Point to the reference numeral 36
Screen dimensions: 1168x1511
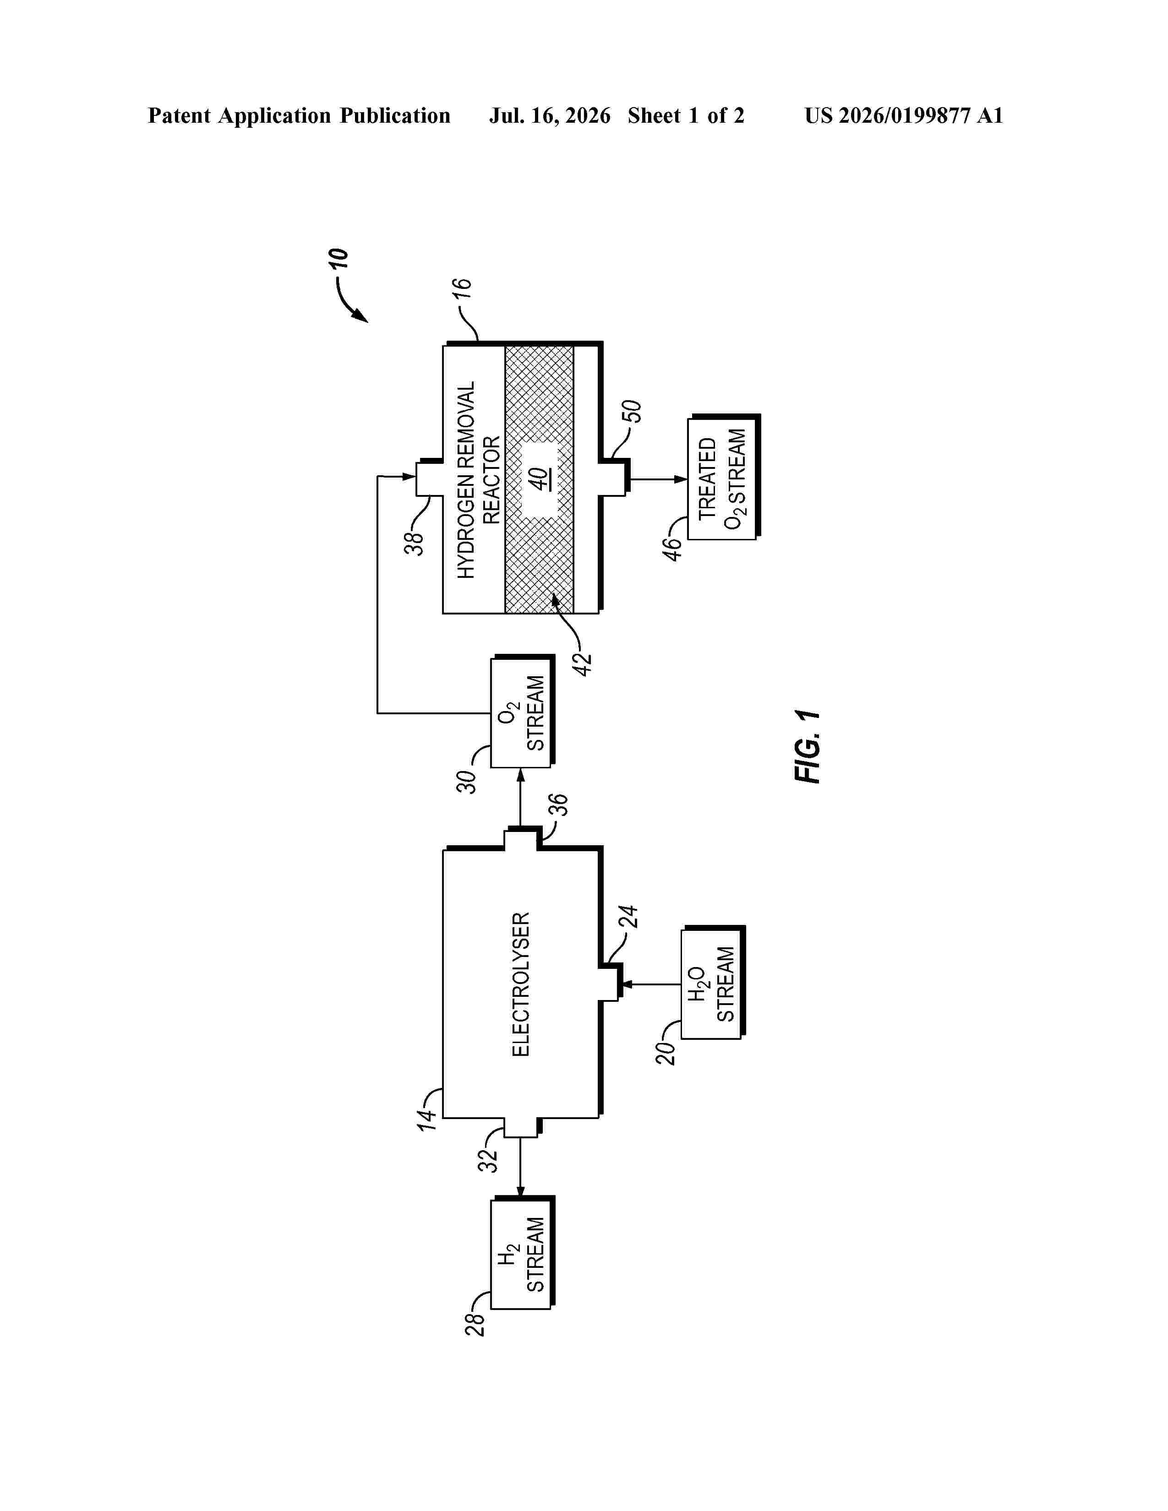click(558, 804)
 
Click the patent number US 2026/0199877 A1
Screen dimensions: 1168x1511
click(904, 115)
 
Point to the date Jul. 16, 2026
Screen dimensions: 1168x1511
click(550, 115)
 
